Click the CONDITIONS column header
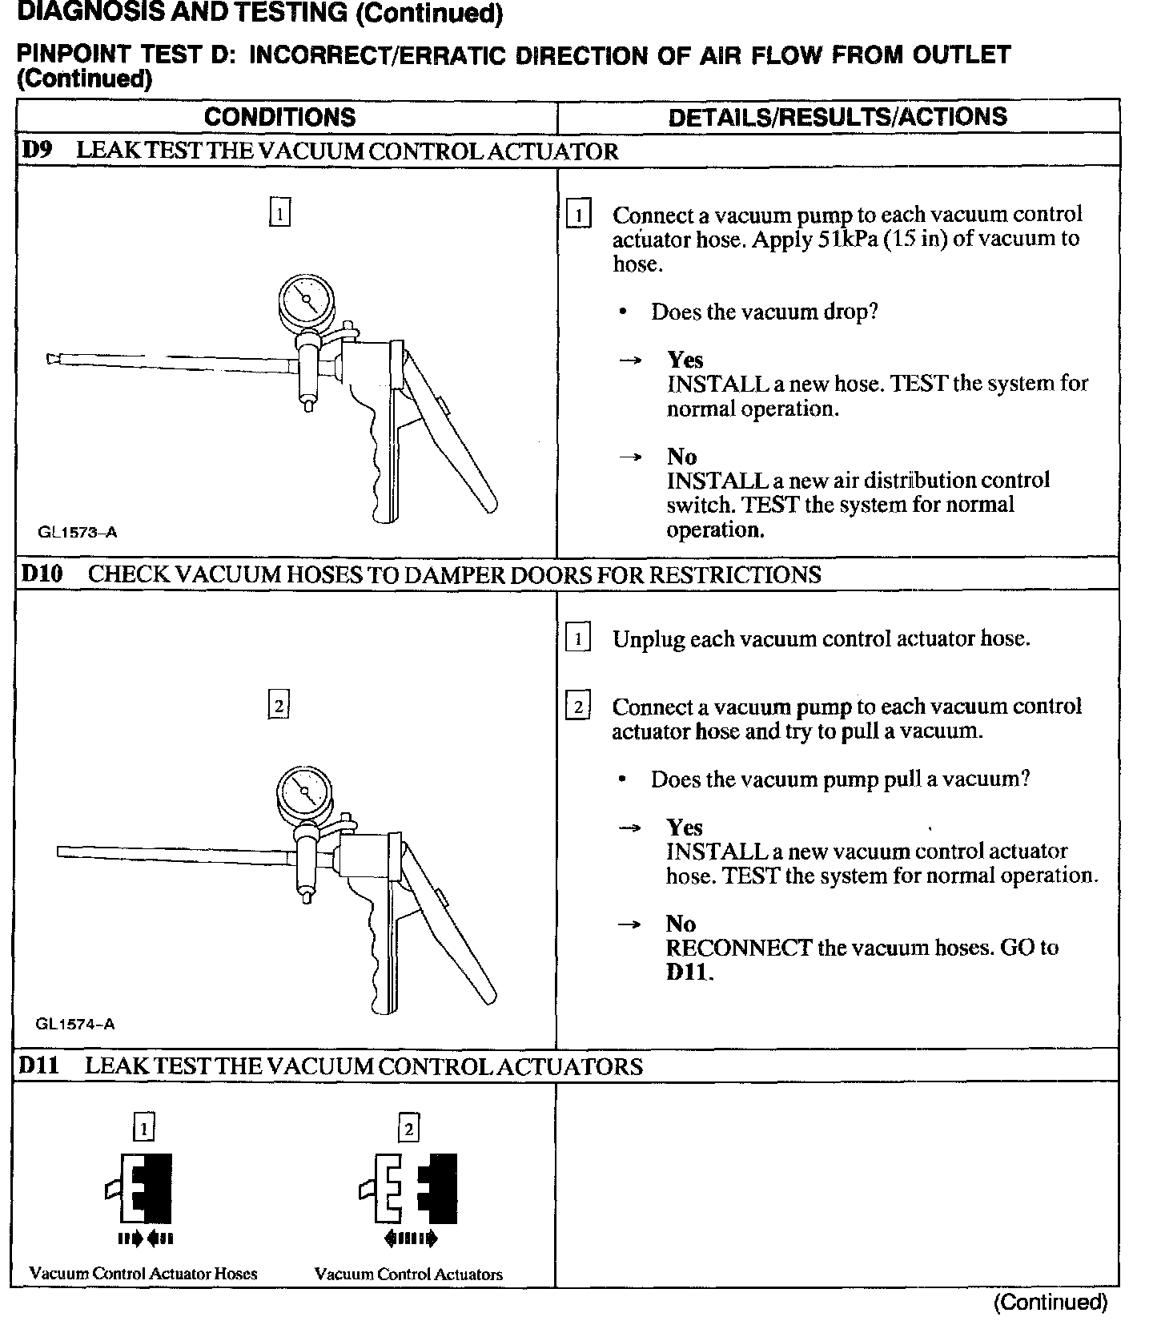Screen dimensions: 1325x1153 (279, 117)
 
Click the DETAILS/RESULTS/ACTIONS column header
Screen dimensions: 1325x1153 (838, 117)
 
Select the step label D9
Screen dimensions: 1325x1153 (37, 151)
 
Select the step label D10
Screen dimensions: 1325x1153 (42, 574)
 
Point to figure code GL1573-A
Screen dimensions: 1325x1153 (77, 532)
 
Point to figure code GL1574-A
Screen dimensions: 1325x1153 (75, 1024)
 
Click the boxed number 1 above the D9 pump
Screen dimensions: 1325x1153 (279, 213)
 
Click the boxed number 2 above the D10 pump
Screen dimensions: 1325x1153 (278, 705)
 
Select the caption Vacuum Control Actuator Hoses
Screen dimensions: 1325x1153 (143, 1274)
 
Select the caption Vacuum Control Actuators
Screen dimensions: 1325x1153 (408, 1274)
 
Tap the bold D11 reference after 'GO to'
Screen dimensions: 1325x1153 (689, 972)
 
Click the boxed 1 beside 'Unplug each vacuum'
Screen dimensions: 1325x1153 (578, 638)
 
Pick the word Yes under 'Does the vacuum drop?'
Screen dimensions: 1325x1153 (685, 360)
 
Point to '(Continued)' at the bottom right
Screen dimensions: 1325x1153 (1051, 1303)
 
